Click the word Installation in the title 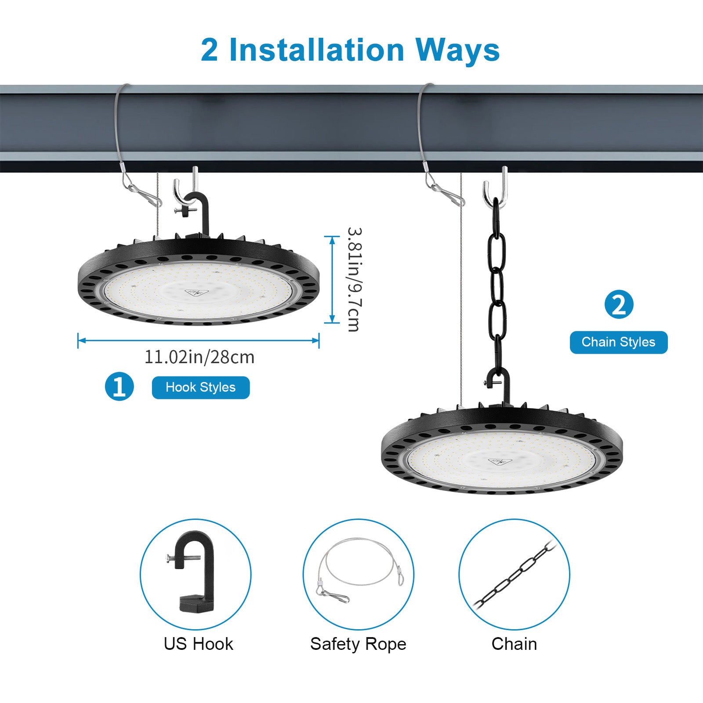pos(316,50)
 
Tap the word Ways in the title pos(457,50)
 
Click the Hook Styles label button pos(201,388)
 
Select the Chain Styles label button pos(619,342)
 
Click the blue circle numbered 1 pos(119,387)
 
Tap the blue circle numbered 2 pos(619,304)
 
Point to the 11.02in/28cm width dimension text pos(199,357)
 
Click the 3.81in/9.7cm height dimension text pos(354,279)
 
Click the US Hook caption pos(198,644)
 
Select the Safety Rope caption pos(358,644)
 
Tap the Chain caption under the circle pos(514,644)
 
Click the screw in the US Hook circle pos(184,558)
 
